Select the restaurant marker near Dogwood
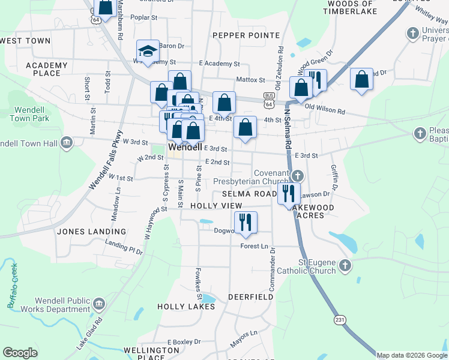point(245,223)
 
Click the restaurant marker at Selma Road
point(289,193)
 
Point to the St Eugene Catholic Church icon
point(345,265)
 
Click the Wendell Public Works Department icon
point(99,304)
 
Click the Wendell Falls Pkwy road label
point(106,161)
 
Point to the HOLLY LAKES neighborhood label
point(185,307)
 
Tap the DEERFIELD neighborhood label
point(251,297)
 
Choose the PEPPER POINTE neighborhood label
point(238,36)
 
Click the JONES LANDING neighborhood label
point(92,231)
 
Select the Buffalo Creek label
point(13,287)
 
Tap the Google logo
point(20,353)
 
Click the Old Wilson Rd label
point(325,111)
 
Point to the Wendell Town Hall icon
point(66,143)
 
